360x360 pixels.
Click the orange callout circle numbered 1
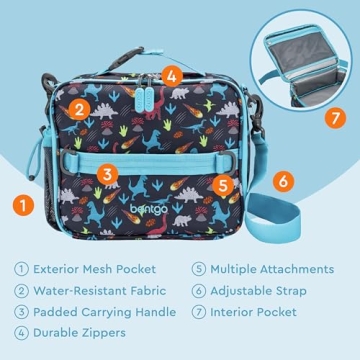pyautogui.click(x=19, y=206)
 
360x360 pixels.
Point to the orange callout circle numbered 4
pyautogui.click(x=172, y=74)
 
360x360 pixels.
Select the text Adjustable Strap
pyautogui.click(x=262, y=291)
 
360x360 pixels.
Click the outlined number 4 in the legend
pyautogui.click(x=21, y=334)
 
